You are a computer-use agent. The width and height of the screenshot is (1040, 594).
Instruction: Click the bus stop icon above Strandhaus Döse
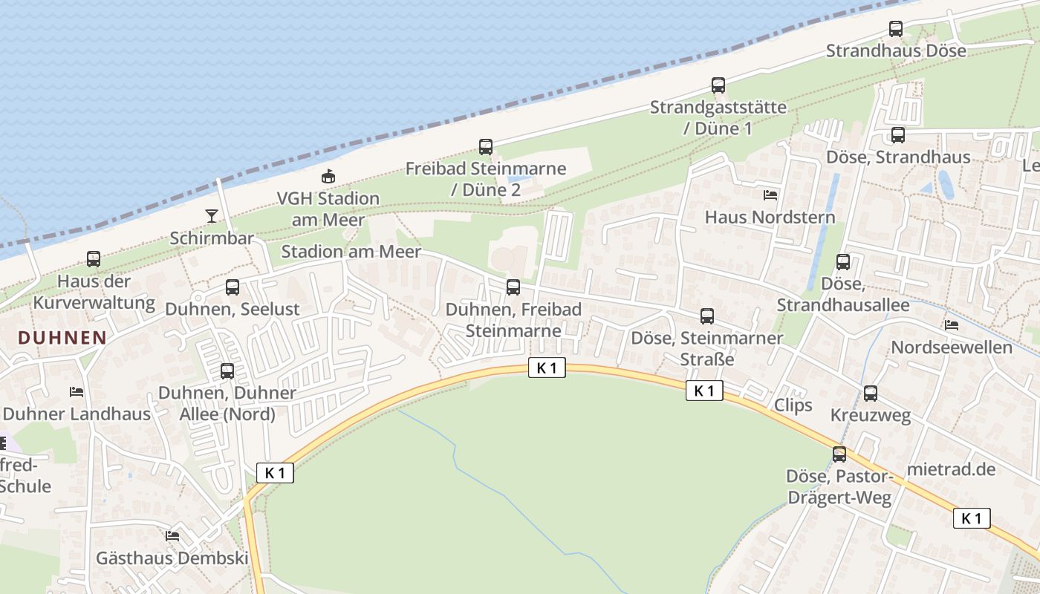pyautogui.click(x=896, y=29)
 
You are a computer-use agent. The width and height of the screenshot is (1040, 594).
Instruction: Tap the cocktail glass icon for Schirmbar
pyautogui.click(x=212, y=216)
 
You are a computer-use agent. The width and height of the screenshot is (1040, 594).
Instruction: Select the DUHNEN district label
pyautogui.click(x=62, y=338)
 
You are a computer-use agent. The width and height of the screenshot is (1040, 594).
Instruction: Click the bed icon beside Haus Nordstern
pyautogui.click(x=770, y=195)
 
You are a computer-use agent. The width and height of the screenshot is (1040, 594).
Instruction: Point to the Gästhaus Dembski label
pyautogui.click(x=172, y=558)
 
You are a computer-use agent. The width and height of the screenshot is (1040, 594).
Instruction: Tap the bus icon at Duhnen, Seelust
pyautogui.click(x=233, y=287)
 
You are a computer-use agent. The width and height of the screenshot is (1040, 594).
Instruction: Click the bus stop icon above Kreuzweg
pyautogui.click(x=871, y=394)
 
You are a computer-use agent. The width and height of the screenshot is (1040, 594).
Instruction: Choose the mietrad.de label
pyautogui.click(x=951, y=469)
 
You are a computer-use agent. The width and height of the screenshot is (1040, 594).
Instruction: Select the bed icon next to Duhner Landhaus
pyautogui.click(x=77, y=392)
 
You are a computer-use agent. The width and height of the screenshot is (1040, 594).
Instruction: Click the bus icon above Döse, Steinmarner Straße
pyautogui.click(x=707, y=316)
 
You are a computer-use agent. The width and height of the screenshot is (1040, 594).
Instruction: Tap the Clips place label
pyautogui.click(x=793, y=405)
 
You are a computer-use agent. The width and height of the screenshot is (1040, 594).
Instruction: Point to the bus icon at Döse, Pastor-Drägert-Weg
pyautogui.click(x=839, y=454)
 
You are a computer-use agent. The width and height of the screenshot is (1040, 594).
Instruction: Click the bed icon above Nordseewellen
pyautogui.click(x=952, y=325)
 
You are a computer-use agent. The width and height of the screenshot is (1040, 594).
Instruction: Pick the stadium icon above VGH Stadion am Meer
pyautogui.click(x=328, y=177)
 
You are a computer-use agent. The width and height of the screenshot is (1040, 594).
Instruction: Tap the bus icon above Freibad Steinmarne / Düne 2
pyautogui.click(x=486, y=147)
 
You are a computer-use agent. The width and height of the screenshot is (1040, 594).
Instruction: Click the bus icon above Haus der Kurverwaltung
pyautogui.click(x=94, y=259)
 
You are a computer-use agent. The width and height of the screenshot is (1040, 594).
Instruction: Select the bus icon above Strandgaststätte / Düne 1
pyautogui.click(x=718, y=85)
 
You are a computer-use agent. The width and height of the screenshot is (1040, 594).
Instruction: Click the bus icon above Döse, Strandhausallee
pyautogui.click(x=843, y=262)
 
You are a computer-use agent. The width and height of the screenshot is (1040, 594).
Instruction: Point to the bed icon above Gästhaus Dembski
pyautogui.click(x=173, y=535)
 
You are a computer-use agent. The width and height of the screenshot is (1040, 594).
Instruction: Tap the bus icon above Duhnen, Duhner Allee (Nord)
pyautogui.click(x=227, y=371)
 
